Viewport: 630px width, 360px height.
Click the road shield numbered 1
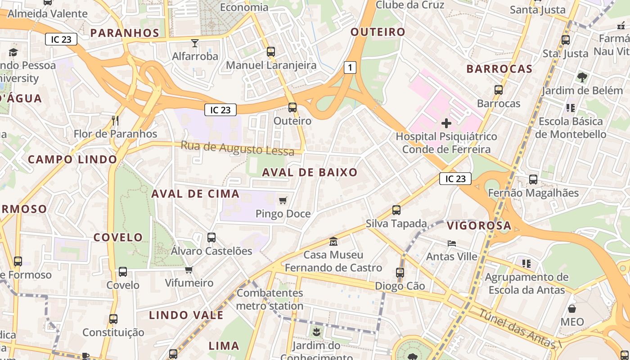coord(350,68)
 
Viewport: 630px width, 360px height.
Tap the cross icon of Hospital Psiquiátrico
coord(446,123)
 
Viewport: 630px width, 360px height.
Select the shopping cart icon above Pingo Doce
coord(283,200)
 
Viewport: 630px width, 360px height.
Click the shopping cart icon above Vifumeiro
coord(189,270)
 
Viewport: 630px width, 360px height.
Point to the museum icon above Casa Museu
coord(333,242)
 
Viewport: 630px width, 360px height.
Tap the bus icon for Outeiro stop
coord(292,108)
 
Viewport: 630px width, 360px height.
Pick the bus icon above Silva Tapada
coord(396,210)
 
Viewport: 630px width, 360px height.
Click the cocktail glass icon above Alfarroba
coord(195,43)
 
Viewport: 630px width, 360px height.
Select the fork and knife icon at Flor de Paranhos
coord(115,121)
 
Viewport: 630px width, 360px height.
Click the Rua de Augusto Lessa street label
coord(238,148)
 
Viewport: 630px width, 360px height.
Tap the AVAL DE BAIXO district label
coord(310,172)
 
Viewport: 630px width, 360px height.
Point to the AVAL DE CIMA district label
coord(195,194)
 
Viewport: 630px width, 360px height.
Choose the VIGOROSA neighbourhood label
coord(479,226)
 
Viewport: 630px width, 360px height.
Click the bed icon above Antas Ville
coord(452,243)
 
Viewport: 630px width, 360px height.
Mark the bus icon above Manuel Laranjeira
coord(271,52)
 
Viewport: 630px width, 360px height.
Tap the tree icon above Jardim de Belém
coord(582,77)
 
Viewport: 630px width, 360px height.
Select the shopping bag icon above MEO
coord(572,309)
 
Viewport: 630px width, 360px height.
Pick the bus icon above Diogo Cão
coord(400,272)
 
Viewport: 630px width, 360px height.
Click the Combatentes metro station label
coord(270,299)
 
